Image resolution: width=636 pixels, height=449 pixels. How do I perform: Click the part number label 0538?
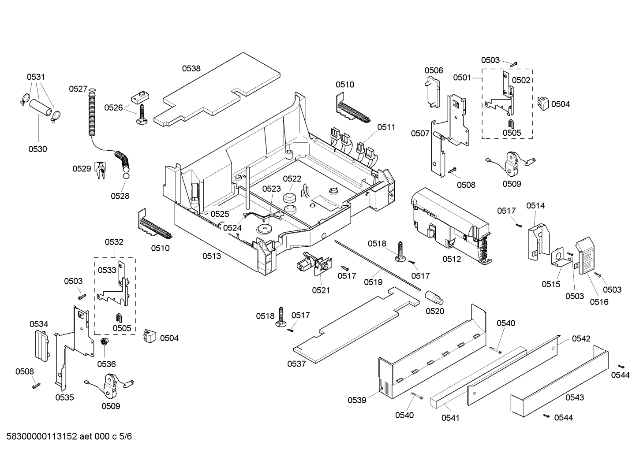pos(191,68)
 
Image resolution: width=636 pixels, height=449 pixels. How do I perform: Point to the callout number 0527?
pos(78,89)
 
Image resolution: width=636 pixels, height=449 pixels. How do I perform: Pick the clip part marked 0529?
pos(101,171)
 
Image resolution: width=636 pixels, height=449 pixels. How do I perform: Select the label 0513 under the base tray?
pos(212,256)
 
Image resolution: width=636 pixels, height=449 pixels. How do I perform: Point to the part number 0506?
pos(434,71)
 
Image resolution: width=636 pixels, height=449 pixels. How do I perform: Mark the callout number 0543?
pos(574,397)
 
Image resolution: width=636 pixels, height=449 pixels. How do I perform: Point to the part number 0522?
pos(292,178)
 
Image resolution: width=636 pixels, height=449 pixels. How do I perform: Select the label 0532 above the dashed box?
pos(114,242)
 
